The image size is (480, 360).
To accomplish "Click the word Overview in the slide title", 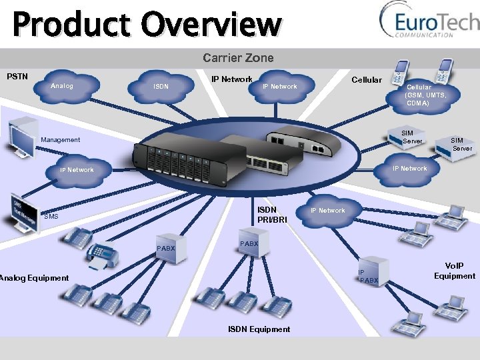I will click(214, 24).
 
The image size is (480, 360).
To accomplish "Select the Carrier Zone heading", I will click(238, 58).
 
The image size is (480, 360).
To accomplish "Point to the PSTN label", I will click(17, 76).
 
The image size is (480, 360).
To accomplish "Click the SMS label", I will click(51, 217).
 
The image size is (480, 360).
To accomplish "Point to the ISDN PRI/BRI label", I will click(272, 215).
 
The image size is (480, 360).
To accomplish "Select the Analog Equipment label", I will click(35, 278).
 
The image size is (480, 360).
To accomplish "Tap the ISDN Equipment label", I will click(259, 329).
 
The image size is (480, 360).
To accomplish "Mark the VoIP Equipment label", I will click(454, 271).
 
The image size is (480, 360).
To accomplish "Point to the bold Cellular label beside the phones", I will click(367, 80).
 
